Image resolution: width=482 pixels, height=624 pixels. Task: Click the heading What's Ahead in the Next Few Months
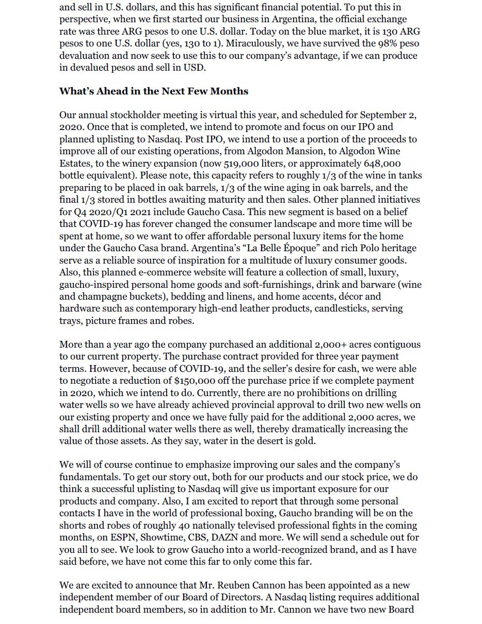[x=154, y=91]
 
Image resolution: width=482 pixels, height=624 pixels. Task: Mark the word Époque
[x=300, y=248]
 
